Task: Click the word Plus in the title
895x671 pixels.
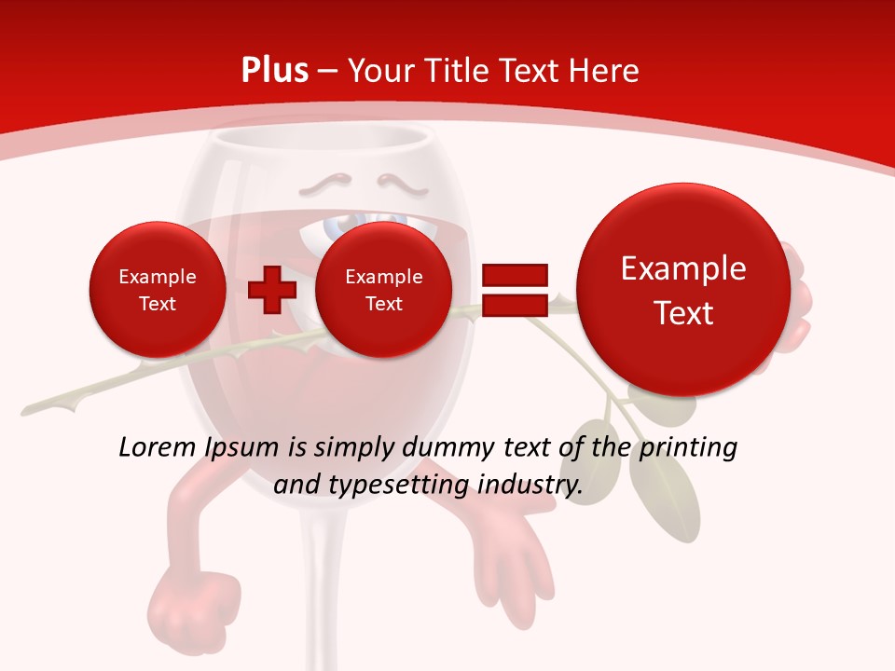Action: tap(274, 71)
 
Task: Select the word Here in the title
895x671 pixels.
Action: tap(606, 71)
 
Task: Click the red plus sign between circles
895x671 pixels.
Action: tap(271, 290)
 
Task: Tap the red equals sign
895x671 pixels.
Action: tap(514, 290)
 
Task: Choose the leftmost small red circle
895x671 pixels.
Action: tap(158, 290)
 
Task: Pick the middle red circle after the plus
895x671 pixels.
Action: tap(383, 290)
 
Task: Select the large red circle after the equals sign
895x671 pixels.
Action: tap(683, 290)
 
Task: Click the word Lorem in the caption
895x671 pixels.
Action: tap(156, 447)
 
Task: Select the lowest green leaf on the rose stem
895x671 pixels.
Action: tap(664, 494)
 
